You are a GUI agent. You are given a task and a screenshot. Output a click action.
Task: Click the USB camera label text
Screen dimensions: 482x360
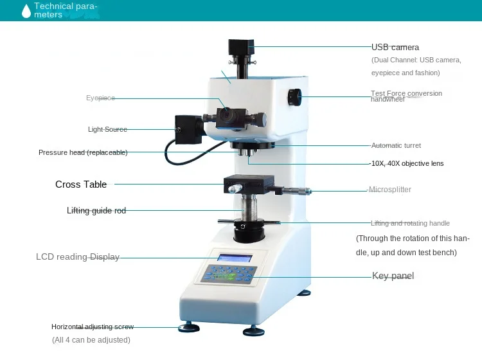395,48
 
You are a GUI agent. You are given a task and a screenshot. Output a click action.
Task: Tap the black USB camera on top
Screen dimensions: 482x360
241,48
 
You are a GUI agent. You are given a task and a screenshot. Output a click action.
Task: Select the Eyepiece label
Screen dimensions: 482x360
100,98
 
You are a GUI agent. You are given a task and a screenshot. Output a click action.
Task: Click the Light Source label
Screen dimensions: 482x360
107,129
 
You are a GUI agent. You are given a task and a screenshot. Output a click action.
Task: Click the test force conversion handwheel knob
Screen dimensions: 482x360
294,97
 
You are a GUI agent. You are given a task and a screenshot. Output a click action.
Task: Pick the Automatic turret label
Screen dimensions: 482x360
396,145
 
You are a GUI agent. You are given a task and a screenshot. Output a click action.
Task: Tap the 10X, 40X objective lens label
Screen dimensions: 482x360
407,163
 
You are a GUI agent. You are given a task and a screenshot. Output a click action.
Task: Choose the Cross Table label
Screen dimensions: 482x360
81,184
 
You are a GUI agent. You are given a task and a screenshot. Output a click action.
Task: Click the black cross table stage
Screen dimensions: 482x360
249,184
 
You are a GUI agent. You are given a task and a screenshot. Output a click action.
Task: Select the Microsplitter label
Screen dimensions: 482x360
390,190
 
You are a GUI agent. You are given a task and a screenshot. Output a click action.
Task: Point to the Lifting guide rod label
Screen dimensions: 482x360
96,211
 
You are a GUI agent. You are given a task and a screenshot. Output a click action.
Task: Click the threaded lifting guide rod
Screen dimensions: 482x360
249,208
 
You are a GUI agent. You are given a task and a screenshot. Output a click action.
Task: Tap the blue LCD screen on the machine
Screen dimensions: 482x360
235,258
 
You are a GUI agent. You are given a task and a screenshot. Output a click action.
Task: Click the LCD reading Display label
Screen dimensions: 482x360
78,256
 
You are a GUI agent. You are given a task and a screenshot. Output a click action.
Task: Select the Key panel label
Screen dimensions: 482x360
393,276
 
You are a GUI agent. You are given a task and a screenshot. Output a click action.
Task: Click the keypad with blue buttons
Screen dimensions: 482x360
228,274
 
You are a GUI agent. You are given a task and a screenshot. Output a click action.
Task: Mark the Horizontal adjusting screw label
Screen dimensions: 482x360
93,327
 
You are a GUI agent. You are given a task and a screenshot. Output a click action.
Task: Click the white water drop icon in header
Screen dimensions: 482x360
26,11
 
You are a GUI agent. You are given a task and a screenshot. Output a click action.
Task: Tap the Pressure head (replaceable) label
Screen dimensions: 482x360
83,152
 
